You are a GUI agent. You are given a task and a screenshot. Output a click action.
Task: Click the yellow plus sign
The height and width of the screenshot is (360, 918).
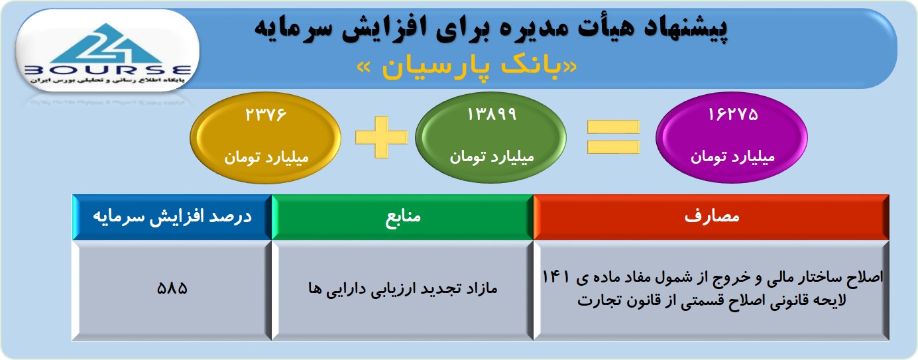point(382,137)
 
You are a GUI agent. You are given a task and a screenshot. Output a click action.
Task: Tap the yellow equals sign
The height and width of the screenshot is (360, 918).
point(613,137)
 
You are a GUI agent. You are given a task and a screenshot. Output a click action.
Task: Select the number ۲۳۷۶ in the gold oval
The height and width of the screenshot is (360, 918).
point(266,115)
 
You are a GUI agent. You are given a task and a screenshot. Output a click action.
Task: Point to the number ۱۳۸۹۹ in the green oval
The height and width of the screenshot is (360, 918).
point(492,115)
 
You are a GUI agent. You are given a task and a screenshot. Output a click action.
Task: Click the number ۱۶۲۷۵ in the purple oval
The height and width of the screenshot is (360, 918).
point(733,115)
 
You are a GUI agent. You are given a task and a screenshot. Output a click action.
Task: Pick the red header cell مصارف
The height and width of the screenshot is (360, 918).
point(711,217)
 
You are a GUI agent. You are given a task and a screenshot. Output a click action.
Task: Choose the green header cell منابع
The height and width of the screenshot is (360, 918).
point(402,217)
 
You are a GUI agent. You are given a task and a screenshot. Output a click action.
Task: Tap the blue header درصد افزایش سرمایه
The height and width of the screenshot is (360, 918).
point(172,217)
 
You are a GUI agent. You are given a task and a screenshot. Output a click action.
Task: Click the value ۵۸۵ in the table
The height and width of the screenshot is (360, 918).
point(172,288)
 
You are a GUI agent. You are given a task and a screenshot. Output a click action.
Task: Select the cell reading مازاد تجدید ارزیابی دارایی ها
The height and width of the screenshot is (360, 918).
point(402,290)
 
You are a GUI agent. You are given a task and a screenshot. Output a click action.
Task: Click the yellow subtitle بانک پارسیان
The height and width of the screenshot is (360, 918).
point(467,68)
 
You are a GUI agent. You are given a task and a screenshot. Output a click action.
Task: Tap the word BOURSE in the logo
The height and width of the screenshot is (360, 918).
point(107,70)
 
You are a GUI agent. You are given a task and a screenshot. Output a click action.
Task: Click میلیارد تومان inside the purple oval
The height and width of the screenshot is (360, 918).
point(733,157)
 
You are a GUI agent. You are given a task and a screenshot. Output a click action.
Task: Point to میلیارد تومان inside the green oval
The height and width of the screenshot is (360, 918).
point(492,157)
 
